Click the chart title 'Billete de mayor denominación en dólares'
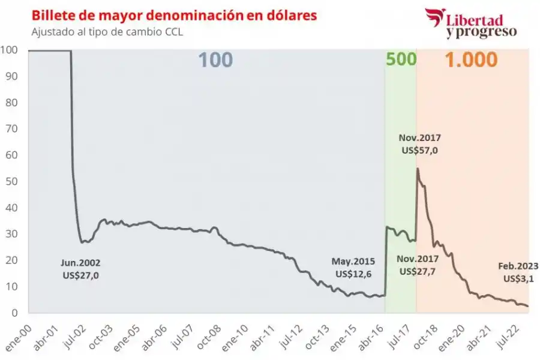coord(174,15)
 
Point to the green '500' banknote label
coord(400,60)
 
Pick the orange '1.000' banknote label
coord(470,60)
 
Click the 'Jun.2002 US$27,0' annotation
coord(80,268)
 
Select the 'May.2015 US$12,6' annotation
coord(353,268)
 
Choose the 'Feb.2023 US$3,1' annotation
coord(518,272)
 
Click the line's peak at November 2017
coord(417,169)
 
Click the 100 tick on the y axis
coord(10,50)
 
